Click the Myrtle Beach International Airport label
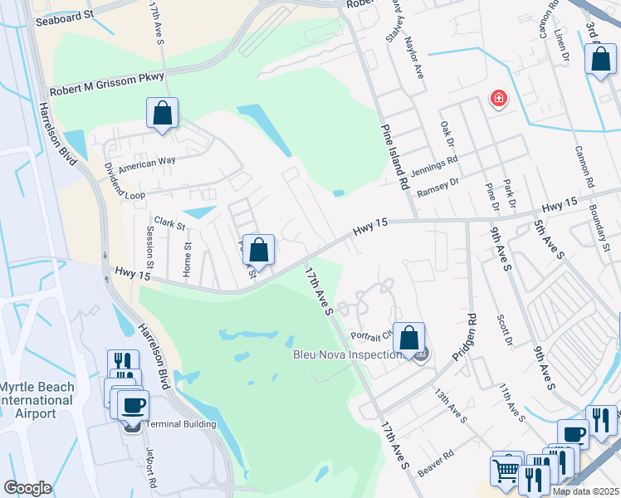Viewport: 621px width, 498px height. (x=37, y=401)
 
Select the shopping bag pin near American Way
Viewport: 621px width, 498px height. (x=163, y=114)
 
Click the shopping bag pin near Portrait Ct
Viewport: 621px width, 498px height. (x=408, y=339)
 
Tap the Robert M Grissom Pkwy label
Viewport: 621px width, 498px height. (x=107, y=84)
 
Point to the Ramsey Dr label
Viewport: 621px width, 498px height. (x=438, y=188)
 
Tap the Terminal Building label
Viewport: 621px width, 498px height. (x=181, y=424)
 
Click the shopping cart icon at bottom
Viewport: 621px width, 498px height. (x=506, y=471)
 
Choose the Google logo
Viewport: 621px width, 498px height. (x=27, y=488)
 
